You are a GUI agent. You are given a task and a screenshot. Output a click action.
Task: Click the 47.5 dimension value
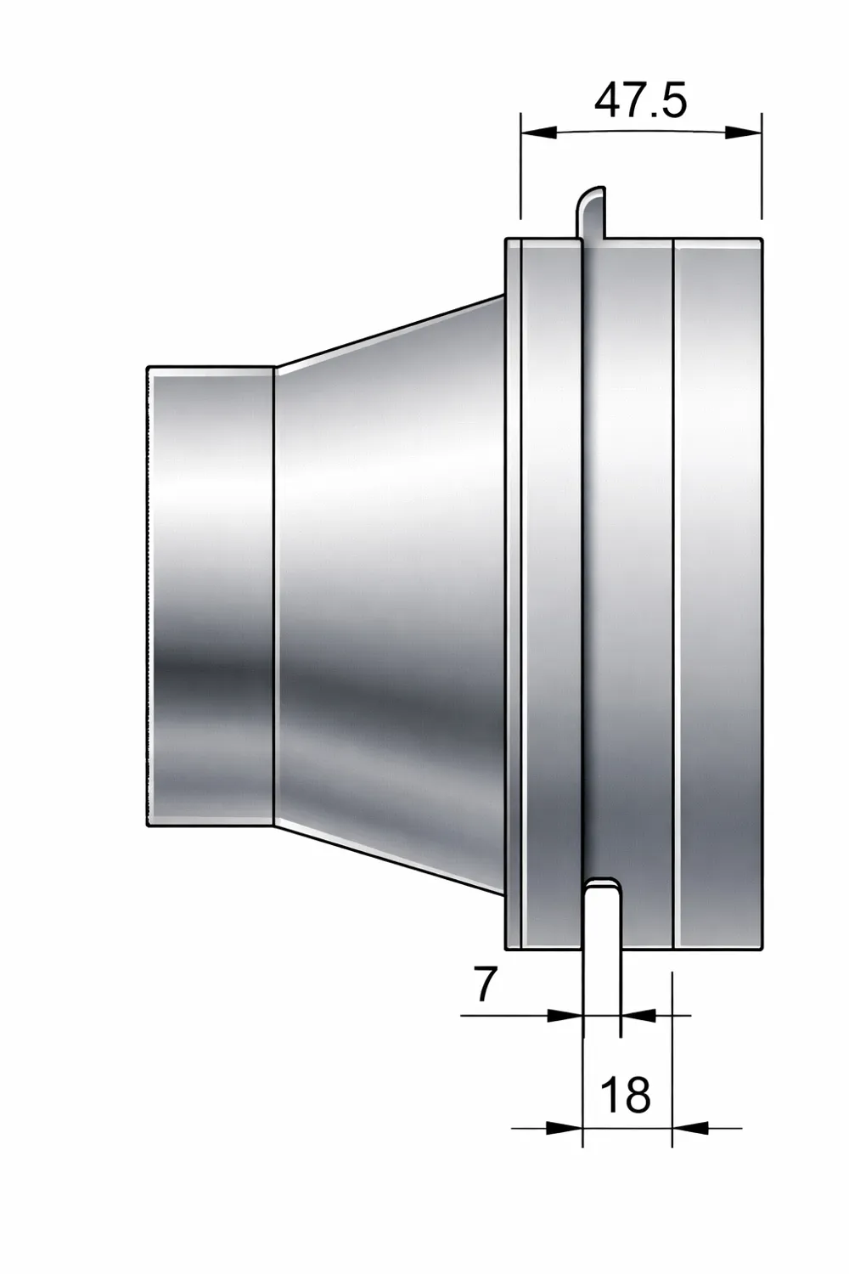(x=640, y=101)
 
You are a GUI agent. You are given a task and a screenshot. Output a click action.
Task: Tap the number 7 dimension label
(x=485, y=984)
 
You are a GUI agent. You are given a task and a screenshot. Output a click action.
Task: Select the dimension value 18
(x=626, y=1094)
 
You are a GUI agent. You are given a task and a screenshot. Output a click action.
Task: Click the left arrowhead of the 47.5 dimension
(x=538, y=132)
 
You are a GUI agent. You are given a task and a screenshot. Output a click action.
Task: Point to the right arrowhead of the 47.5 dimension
(x=743, y=132)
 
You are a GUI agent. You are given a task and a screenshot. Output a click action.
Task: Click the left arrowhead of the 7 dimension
(x=565, y=1015)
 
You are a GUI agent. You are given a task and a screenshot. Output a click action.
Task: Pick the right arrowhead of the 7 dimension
(x=638, y=1015)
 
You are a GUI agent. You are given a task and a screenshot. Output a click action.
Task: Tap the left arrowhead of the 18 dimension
(x=565, y=1127)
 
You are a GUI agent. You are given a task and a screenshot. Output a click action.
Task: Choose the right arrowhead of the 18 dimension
(x=690, y=1127)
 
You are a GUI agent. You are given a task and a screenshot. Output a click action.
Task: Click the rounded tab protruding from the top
(x=592, y=212)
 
